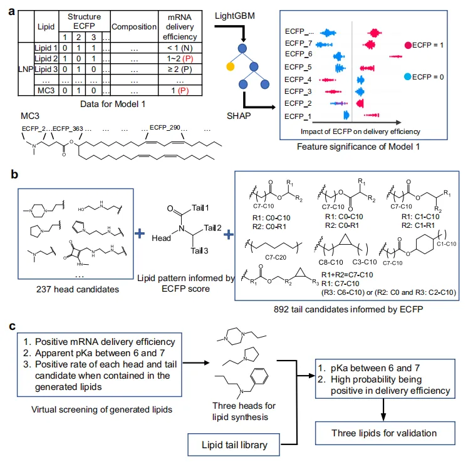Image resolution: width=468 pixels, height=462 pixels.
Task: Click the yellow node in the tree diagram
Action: click(x=230, y=66)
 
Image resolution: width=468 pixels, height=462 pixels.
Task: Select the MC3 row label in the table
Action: click(x=46, y=90)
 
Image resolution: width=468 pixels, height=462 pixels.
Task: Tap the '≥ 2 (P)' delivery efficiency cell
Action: click(x=180, y=69)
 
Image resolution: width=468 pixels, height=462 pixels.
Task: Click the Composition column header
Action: click(x=134, y=26)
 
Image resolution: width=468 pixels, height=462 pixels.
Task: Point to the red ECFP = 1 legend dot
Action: click(x=408, y=45)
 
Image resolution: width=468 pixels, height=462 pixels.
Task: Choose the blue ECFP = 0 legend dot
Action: click(x=407, y=76)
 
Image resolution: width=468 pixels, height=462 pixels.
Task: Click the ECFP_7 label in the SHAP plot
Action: click(x=298, y=44)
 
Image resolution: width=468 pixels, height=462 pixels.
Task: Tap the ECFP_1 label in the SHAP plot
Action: click(x=298, y=116)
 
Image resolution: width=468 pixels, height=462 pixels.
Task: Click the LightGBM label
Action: click(x=235, y=16)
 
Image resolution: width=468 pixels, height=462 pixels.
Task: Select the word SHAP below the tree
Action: click(x=239, y=116)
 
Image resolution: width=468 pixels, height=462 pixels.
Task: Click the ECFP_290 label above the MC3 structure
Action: click(x=165, y=127)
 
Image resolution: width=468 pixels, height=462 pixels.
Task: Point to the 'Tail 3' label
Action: click(x=199, y=250)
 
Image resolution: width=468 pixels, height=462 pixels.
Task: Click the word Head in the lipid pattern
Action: click(x=161, y=238)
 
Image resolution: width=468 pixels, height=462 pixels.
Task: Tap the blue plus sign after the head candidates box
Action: click(x=139, y=234)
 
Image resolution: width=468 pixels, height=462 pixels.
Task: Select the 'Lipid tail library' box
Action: click(x=234, y=444)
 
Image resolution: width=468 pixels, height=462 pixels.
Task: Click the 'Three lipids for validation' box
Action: click(x=385, y=433)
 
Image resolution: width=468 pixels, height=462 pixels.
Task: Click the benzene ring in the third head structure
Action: click(x=259, y=376)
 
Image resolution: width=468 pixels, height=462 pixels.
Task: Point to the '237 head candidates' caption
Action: click(x=78, y=289)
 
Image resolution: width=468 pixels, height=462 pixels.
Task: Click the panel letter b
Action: click(x=14, y=174)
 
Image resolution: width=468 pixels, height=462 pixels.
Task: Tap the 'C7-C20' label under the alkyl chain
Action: click(x=276, y=257)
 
